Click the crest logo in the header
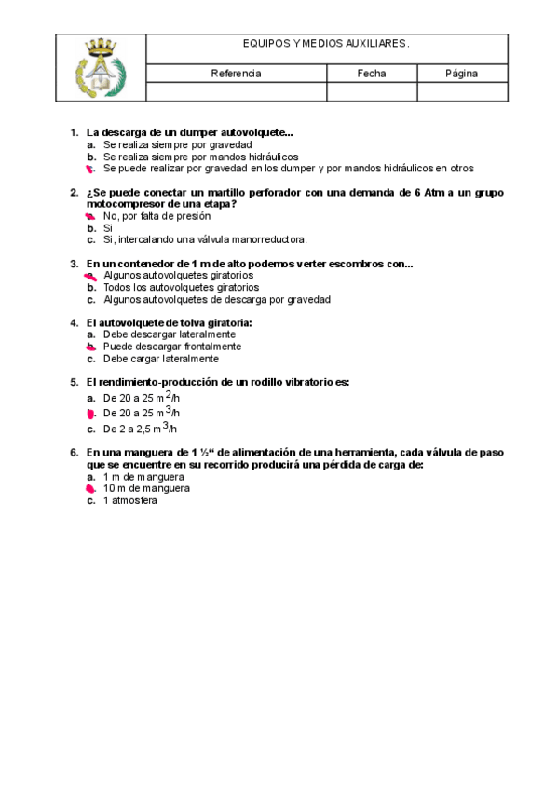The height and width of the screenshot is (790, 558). [x=100, y=67]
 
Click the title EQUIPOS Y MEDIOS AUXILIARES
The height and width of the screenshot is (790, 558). [x=326, y=44]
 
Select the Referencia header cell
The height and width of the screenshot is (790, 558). [x=236, y=73]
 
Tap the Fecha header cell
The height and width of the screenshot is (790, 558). [x=371, y=73]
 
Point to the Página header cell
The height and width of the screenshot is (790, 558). [x=461, y=73]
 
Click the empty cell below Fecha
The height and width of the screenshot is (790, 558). [x=371, y=91]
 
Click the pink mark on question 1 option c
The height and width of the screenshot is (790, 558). [x=91, y=169]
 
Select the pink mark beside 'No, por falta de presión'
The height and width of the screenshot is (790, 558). [x=91, y=216]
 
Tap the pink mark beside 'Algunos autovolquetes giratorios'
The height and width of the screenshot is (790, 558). [x=90, y=276]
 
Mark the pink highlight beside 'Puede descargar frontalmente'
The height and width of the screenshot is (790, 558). [x=91, y=347]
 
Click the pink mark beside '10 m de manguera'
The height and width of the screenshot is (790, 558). [x=91, y=488]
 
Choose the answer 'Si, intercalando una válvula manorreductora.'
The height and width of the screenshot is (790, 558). [x=205, y=239]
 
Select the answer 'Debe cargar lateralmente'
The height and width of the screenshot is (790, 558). [x=161, y=359]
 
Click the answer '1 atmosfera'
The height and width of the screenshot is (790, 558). [x=130, y=500]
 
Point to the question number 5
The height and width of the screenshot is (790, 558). [x=75, y=382]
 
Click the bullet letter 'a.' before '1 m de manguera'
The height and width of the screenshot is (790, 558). [x=91, y=476]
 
